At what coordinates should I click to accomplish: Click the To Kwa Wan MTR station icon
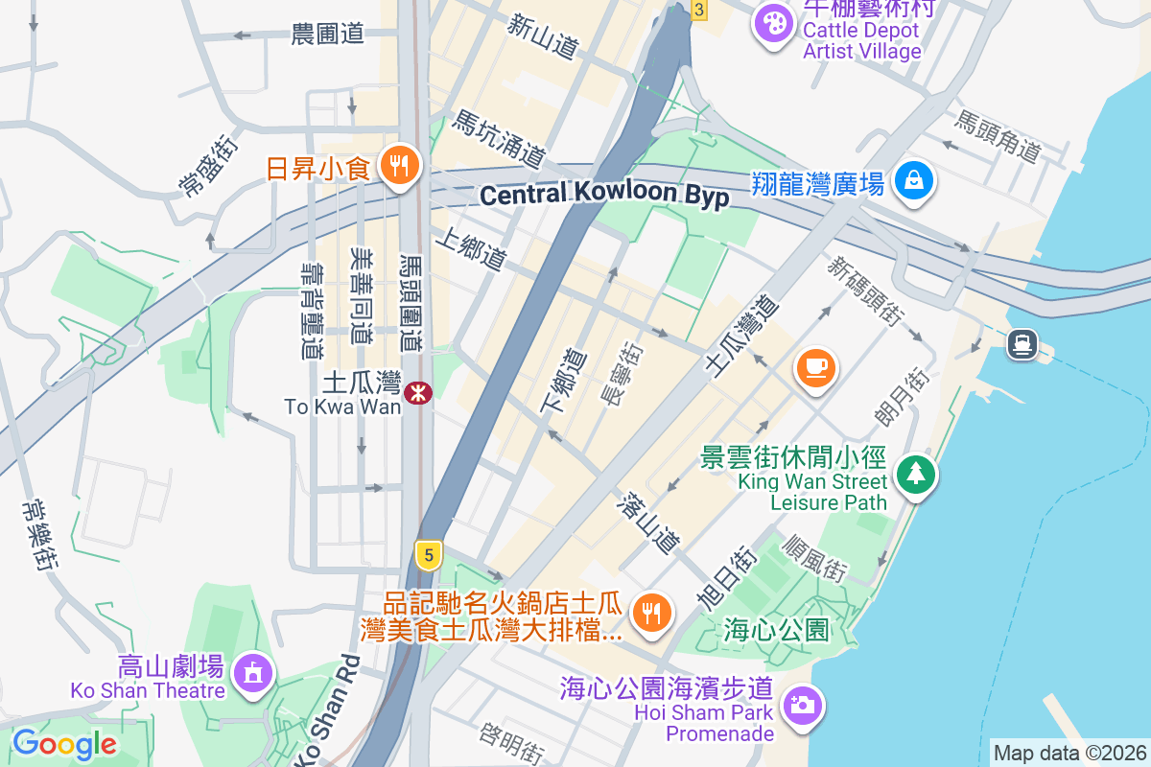pyautogui.click(x=417, y=392)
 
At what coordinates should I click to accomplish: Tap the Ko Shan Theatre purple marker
pyautogui.click(x=252, y=670)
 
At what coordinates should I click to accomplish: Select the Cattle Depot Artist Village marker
pyautogui.click(x=772, y=21)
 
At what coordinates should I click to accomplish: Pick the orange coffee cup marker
pyautogui.click(x=815, y=367)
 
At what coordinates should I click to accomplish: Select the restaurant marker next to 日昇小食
pyautogui.click(x=395, y=166)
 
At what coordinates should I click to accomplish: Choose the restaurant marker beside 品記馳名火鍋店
pyautogui.click(x=653, y=611)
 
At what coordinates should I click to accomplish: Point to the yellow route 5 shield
pyautogui.click(x=429, y=554)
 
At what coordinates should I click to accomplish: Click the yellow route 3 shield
pyautogui.click(x=699, y=11)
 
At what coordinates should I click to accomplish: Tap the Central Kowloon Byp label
pyautogui.click(x=604, y=196)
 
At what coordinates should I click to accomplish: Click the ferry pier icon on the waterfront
pyautogui.click(x=1021, y=343)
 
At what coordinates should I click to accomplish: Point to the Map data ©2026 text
pyautogui.click(x=1069, y=754)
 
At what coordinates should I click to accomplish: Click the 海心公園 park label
pyautogui.click(x=776, y=630)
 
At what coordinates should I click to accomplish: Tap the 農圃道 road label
pyautogui.click(x=328, y=35)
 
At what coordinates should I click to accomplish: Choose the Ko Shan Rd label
pyautogui.click(x=324, y=709)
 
